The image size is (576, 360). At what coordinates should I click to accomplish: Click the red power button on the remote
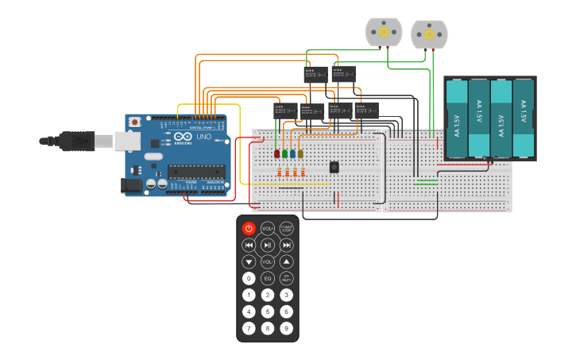pyautogui.click(x=249, y=228)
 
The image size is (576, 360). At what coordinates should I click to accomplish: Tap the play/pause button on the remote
pyautogui.click(x=268, y=245)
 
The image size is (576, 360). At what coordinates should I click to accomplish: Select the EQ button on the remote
pyautogui.click(x=268, y=278)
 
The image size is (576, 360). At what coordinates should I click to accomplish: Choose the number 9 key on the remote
pyautogui.click(x=287, y=327)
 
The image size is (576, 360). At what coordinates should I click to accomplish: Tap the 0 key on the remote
pyautogui.click(x=249, y=278)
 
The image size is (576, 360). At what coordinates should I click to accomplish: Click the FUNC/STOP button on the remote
pyautogui.click(x=287, y=228)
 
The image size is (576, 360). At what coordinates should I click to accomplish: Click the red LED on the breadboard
pyautogui.click(x=276, y=153)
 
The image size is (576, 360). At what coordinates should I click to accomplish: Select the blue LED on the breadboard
pyautogui.click(x=292, y=153)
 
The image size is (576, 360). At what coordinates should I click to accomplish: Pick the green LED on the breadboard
pyautogui.click(x=284, y=153)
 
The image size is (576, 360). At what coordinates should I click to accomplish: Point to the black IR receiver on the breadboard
pyautogui.click(x=334, y=166)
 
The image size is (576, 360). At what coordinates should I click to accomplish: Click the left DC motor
pyautogui.click(x=384, y=32)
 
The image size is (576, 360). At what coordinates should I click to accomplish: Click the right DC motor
pyautogui.click(x=430, y=34)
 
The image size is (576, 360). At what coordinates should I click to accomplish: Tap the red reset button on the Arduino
pyautogui.click(x=135, y=122)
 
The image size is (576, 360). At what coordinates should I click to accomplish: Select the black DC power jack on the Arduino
pyautogui.click(x=130, y=185)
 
